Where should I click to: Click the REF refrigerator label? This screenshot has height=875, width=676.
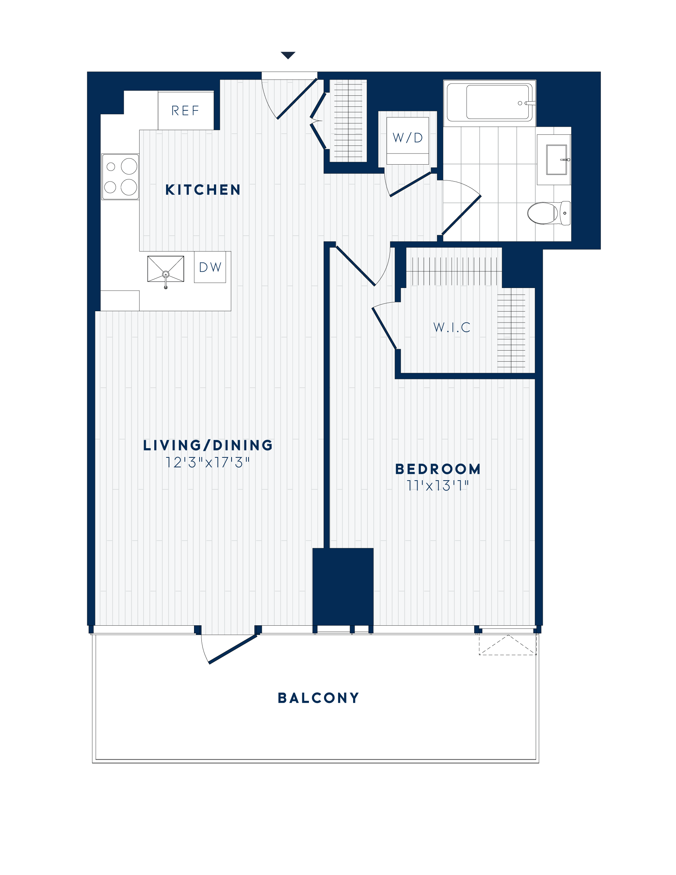coord(185,110)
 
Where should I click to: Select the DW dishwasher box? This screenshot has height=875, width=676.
coord(210,267)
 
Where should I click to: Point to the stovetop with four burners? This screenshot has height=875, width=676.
coord(120,177)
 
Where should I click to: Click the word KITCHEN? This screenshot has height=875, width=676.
coord(203,190)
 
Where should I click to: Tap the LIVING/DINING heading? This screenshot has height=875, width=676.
coord(208,445)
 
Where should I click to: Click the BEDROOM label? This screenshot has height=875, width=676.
coord(438,469)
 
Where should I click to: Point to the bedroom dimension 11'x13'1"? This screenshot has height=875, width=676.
coord(438,486)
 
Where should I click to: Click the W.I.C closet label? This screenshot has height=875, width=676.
coord(452,327)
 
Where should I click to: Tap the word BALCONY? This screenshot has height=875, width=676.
coord(318,698)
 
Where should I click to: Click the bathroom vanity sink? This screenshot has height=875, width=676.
coord(556,160)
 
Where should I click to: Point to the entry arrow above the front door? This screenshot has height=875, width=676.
coord(288,55)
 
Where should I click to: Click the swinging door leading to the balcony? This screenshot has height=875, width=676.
coord(232,649)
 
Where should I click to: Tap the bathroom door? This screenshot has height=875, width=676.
coord(461,215)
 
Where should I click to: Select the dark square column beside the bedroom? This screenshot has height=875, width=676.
coord(343,587)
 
